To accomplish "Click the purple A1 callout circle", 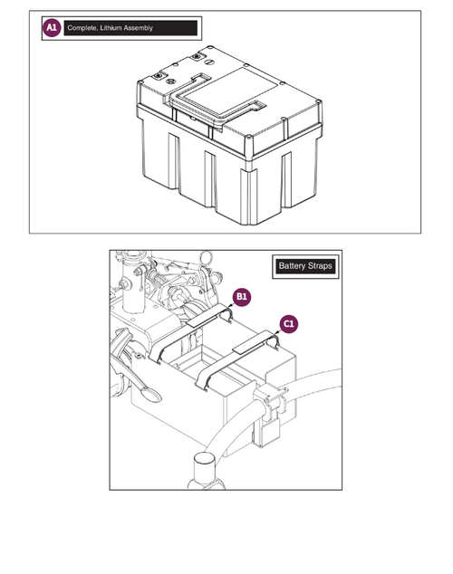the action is click(52, 28).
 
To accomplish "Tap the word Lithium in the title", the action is click(111, 28).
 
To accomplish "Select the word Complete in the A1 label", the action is click(82, 28).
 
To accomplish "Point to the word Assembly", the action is click(138, 28).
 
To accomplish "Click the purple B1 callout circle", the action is click(242, 297).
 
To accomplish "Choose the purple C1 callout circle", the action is click(289, 324).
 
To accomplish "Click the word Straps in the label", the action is click(320, 266).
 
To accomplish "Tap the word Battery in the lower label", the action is click(293, 266).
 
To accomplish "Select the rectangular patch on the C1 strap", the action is click(252, 342).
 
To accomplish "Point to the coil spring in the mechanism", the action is click(159, 278).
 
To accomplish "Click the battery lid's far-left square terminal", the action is click(159, 76).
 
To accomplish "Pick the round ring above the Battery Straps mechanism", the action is click(207, 257).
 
